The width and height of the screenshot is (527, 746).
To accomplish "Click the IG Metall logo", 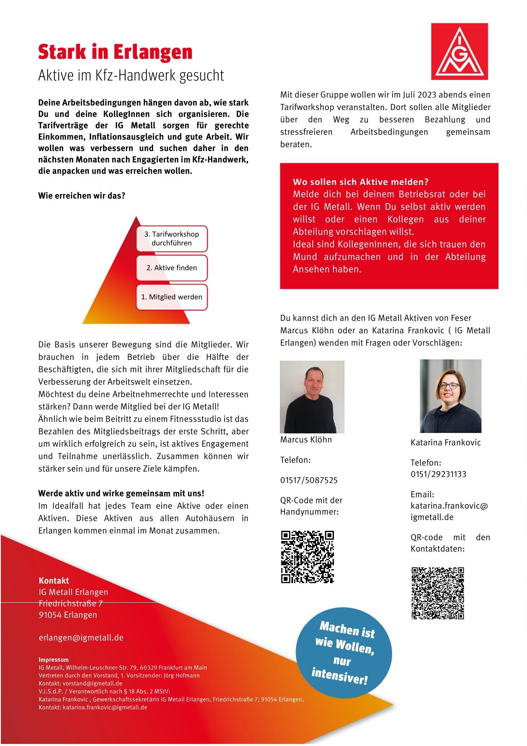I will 459,51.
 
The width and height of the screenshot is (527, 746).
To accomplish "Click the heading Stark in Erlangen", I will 115,52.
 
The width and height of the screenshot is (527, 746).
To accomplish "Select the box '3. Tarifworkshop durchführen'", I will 171,239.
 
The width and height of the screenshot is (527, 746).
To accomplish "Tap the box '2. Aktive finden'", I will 171,268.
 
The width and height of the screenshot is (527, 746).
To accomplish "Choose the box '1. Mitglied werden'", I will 171,297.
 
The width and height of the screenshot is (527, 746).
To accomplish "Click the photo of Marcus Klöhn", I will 312,396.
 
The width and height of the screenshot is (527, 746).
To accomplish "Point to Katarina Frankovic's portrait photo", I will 450,396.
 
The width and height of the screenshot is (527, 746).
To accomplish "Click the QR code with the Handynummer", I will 308,557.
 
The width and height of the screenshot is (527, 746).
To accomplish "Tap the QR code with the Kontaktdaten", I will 438,593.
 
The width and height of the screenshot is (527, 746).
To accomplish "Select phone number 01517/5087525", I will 309,480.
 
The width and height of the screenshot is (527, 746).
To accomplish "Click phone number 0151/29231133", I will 438,474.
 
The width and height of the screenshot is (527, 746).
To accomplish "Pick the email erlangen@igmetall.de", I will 81,638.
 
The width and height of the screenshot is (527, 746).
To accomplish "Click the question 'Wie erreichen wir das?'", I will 82,196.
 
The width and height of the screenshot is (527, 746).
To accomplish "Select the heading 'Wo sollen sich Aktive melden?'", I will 361,182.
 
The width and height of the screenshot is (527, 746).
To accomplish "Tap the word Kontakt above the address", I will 54,581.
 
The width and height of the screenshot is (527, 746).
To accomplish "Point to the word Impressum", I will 53,660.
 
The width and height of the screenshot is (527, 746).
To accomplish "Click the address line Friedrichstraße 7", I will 71,604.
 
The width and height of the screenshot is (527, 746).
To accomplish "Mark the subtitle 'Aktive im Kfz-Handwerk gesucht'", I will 131,75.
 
